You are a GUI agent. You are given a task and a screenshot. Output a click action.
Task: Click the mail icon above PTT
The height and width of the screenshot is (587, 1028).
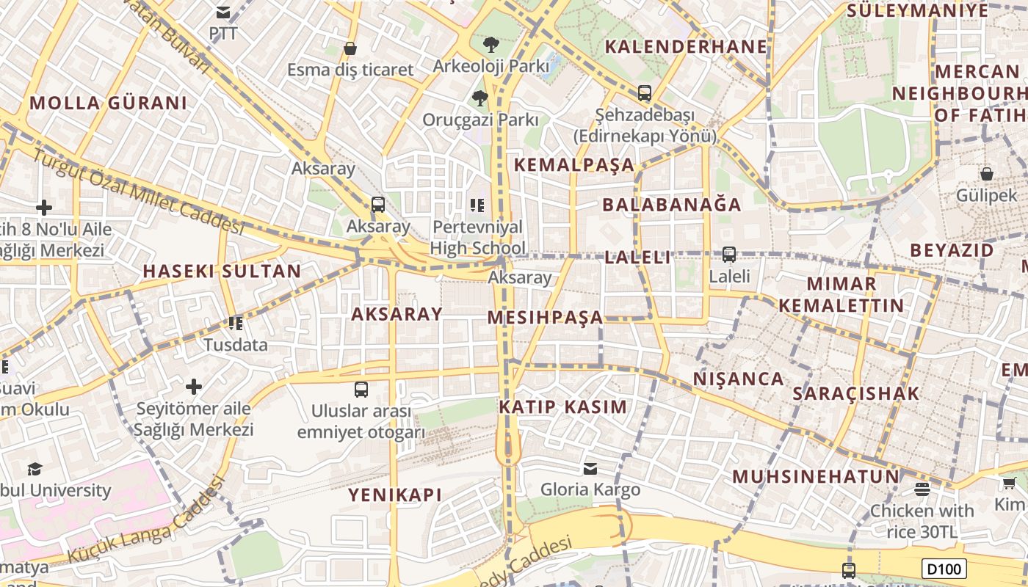(x=223, y=12)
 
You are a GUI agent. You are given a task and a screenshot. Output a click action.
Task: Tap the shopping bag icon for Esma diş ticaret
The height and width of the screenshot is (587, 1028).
(x=350, y=48)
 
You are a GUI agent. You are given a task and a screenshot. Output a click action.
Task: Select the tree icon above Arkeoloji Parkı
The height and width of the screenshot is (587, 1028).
(x=491, y=45)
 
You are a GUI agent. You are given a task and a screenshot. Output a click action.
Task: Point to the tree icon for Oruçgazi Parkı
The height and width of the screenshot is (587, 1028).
(x=480, y=98)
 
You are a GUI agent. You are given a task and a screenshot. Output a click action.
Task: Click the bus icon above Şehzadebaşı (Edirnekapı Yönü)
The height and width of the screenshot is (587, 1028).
(x=644, y=93)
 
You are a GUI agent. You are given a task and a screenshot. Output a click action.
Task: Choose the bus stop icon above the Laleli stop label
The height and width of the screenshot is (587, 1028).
(x=729, y=255)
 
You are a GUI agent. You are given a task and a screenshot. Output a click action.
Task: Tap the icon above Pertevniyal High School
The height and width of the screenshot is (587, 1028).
(x=477, y=205)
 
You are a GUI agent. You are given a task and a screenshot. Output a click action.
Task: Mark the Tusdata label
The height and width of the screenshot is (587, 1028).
(x=236, y=344)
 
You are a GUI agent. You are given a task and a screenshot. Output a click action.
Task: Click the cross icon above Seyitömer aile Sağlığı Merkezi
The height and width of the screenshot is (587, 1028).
(x=194, y=386)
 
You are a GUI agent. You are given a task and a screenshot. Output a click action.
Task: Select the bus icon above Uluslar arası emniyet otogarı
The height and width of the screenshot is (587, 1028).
(x=361, y=389)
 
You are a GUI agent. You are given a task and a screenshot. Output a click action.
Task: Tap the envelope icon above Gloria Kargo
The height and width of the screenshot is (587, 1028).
(x=590, y=468)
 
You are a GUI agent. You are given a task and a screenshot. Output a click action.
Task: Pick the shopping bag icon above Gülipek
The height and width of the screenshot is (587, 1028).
(x=987, y=174)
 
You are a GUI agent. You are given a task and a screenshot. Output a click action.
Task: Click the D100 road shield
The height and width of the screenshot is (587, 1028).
(x=944, y=569)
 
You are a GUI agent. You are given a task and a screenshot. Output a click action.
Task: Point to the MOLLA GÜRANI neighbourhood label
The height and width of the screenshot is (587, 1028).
(x=109, y=103)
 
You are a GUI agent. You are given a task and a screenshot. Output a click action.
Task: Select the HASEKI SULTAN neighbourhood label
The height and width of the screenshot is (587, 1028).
(x=222, y=271)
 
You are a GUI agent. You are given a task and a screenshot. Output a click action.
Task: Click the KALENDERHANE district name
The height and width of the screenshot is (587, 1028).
(x=686, y=47)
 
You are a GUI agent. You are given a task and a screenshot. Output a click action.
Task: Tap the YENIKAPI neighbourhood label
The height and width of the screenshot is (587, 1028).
(x=395, y=495)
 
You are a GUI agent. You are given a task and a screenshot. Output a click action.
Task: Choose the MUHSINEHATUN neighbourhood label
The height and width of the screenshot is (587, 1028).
(x=815, y=476)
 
